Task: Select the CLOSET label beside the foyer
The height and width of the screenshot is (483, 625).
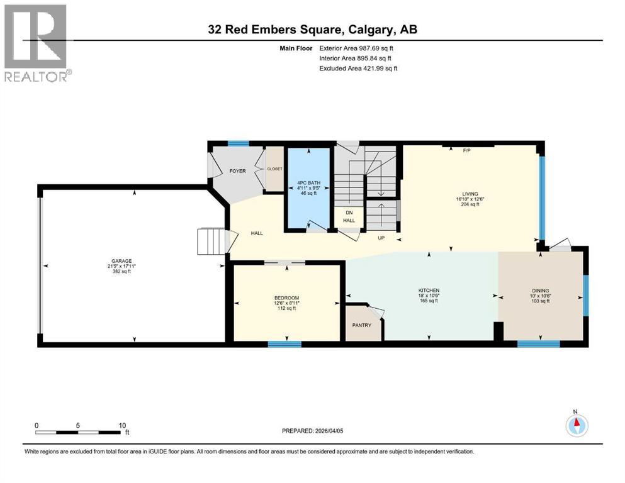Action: (x=274, y=169)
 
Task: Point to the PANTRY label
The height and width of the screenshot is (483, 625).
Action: (x=361, y=325)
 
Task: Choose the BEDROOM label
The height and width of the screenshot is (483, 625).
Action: (x=286, y=297)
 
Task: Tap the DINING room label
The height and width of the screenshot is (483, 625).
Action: (x=540, y=291)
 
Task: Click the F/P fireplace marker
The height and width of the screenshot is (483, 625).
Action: (x=467, y=151)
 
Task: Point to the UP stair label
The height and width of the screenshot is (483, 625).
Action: (x=380, y=238)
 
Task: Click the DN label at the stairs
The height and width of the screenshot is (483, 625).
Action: (x=348, y=213)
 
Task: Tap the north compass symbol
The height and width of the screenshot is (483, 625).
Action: (x=576, y=425)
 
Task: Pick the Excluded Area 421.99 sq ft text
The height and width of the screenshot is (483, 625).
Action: (x=359, y=68)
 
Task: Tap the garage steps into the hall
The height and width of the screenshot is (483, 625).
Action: (x=211, y=241)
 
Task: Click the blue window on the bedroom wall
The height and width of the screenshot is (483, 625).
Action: (x=284, y=344)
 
